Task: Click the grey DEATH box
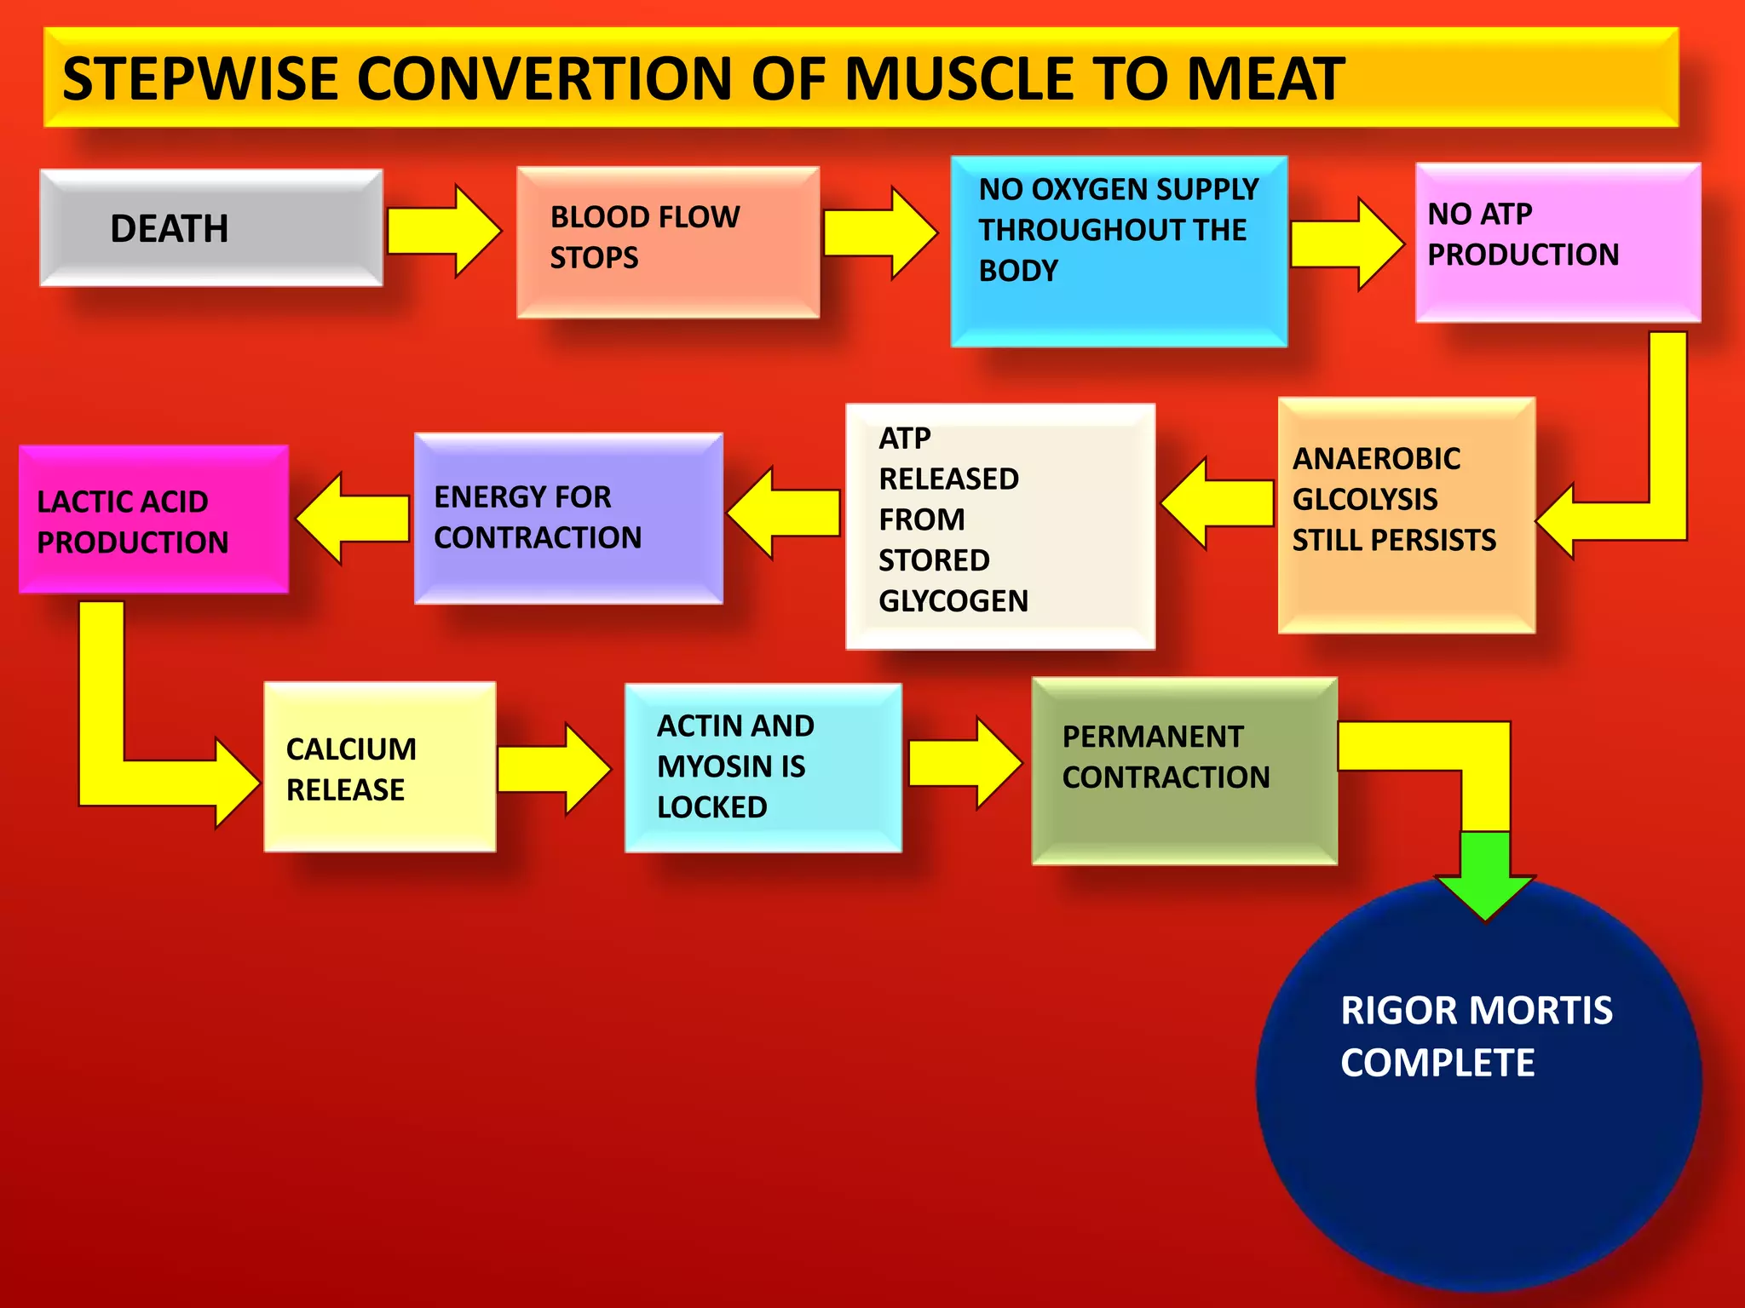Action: coord(210,227)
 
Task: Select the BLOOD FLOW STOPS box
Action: coord(668,242)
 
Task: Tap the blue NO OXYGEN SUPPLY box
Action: coord(1119,251)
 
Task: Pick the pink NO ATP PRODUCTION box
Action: coord(1558,242)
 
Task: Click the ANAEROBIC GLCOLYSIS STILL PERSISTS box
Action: coord(1406,514)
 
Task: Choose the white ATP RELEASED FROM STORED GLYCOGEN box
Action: coord(999,525)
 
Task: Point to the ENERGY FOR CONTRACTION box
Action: coord(568,518)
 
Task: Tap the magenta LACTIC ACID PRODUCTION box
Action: coord(153,519)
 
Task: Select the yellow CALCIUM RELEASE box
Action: coord(379,766)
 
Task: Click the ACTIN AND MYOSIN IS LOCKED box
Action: coord(763,767)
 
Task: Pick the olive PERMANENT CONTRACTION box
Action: coord(1183,771)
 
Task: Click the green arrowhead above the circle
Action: coord(1485,877)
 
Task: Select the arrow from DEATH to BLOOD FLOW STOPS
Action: coord(444,231)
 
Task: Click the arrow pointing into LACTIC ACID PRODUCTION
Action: coord(352,519)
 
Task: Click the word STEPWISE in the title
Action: coord(200,79)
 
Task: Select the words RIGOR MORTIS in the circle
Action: coord(1476,1011)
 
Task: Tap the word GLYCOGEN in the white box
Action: coord(953,601)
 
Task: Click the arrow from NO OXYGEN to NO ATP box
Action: coord(1346,244)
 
